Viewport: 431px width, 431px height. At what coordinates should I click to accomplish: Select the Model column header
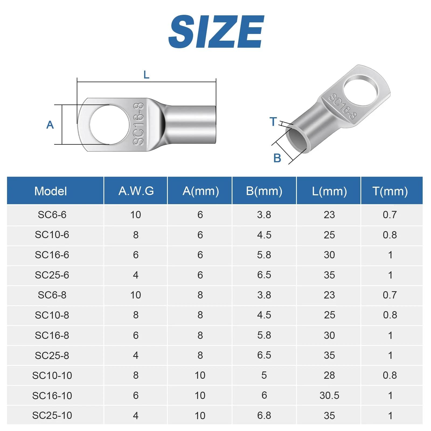pyautogui.click(x=51, y=191)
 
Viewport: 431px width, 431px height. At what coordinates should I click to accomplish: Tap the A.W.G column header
pyautogui.click(x=136, y=191)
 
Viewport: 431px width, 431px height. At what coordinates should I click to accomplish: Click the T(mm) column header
pyautogui.click(x=390, y=191)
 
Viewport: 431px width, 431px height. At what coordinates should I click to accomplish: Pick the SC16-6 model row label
pyautogui.click(x=52, y=255)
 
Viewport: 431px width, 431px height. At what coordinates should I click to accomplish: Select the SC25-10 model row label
pyautogui.click(x=52, y=415)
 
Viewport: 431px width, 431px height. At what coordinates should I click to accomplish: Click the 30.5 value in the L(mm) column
pyautogui.click(x=329, y=395)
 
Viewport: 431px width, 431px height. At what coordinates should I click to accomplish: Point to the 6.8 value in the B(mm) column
pyautogui.click(x=264, y=415)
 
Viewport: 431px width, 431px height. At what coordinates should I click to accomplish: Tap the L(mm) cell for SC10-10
pyautogui.click(x=329, y=375)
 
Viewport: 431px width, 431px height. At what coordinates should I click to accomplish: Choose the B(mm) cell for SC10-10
pyautogui.click(x=264, y=375)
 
